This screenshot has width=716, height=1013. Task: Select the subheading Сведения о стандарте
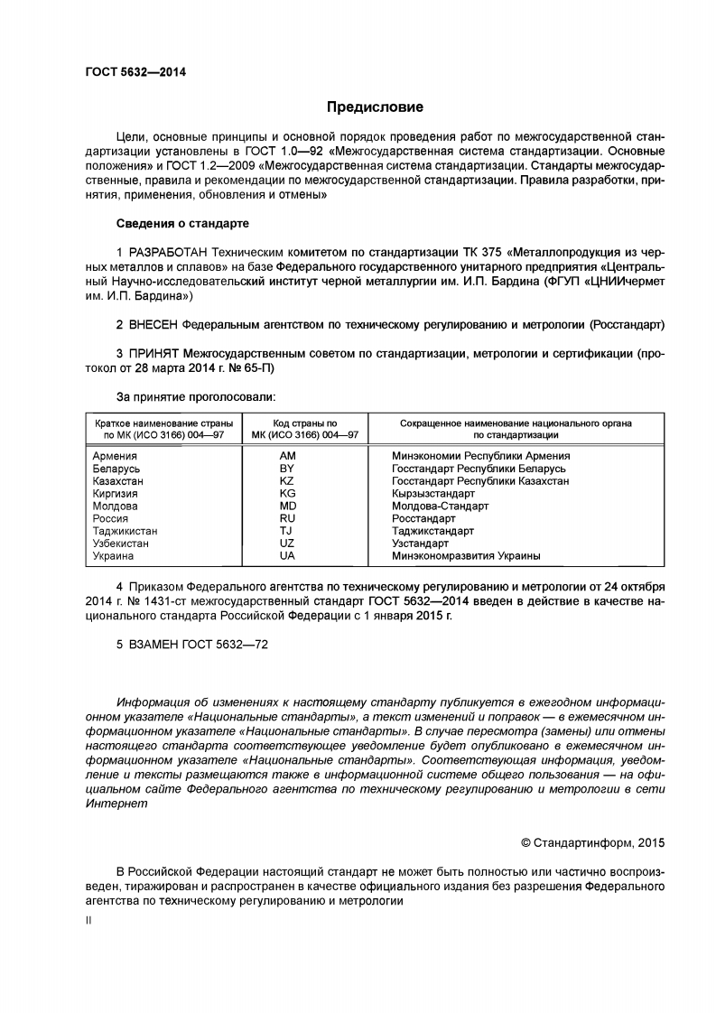[182, 222]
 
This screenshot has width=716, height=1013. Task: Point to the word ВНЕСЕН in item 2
[153, 322]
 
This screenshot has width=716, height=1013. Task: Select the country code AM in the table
[288, 456]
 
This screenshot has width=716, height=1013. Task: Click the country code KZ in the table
[287, 481]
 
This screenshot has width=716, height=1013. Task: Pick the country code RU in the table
[288, 519]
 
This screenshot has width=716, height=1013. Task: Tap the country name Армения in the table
[115, 456]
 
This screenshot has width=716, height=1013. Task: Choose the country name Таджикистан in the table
[125, 532]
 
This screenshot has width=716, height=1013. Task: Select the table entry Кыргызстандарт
[433, 494]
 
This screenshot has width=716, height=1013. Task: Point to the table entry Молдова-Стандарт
[440, 506]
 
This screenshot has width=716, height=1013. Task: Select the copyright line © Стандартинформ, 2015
[593, 843]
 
